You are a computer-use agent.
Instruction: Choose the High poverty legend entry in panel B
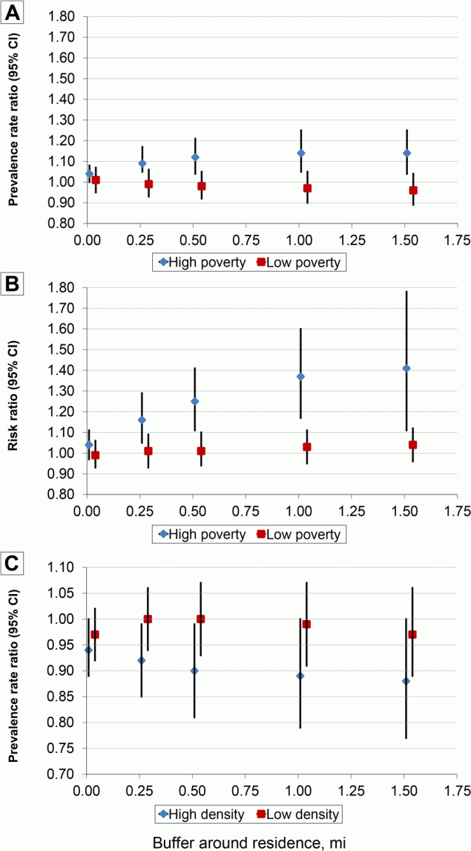[x=200, y=534]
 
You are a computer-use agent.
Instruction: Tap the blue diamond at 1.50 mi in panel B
[x=406, y=368]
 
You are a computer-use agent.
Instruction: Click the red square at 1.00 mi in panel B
[x=307, y=447]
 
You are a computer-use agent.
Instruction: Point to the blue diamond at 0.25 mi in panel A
[x=142, y=163]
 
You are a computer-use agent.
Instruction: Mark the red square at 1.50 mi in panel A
[x=413, y=190]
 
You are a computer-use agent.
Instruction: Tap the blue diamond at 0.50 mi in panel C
[x=195, y=671]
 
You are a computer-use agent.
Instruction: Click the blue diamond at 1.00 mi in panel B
[x=300, y=376]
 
